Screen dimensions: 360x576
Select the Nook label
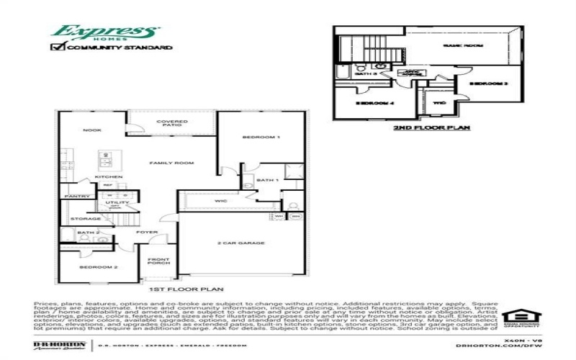pyautogui.click(x=91, y=130)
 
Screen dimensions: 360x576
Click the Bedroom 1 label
pyautogui.click(x=261, y=137)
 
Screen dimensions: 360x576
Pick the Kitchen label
pyautogui.click(x=109, y=176)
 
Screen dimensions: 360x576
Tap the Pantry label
pyautogui.click(x=77, y=196)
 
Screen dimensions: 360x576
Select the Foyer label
pyautogui.click(x=147, y=232)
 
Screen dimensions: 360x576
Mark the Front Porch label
pyautogui.click(x=158, y=261)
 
